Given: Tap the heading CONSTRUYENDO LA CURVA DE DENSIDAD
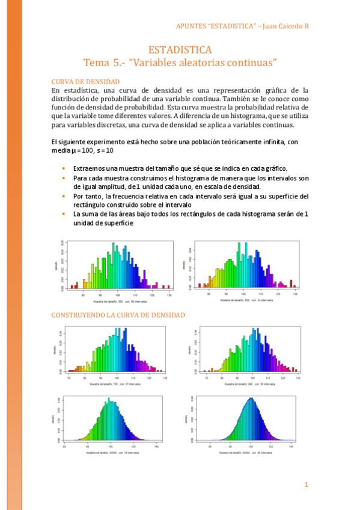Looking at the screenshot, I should coord(118,315).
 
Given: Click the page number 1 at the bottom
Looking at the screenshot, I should coord(306,485).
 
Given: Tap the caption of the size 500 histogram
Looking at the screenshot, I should coord(246,300).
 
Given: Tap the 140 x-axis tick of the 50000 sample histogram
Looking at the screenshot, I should coord(291,446).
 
